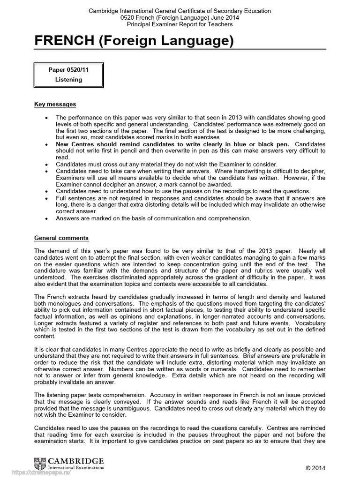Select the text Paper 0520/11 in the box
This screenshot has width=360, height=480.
(x=68, y=70)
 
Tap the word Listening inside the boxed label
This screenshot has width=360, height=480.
(x=68, y=80)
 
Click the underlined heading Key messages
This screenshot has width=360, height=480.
(x=55, y=104)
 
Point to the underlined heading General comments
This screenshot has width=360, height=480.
(x=61, y=238)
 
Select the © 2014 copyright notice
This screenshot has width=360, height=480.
(x=315, y=468)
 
